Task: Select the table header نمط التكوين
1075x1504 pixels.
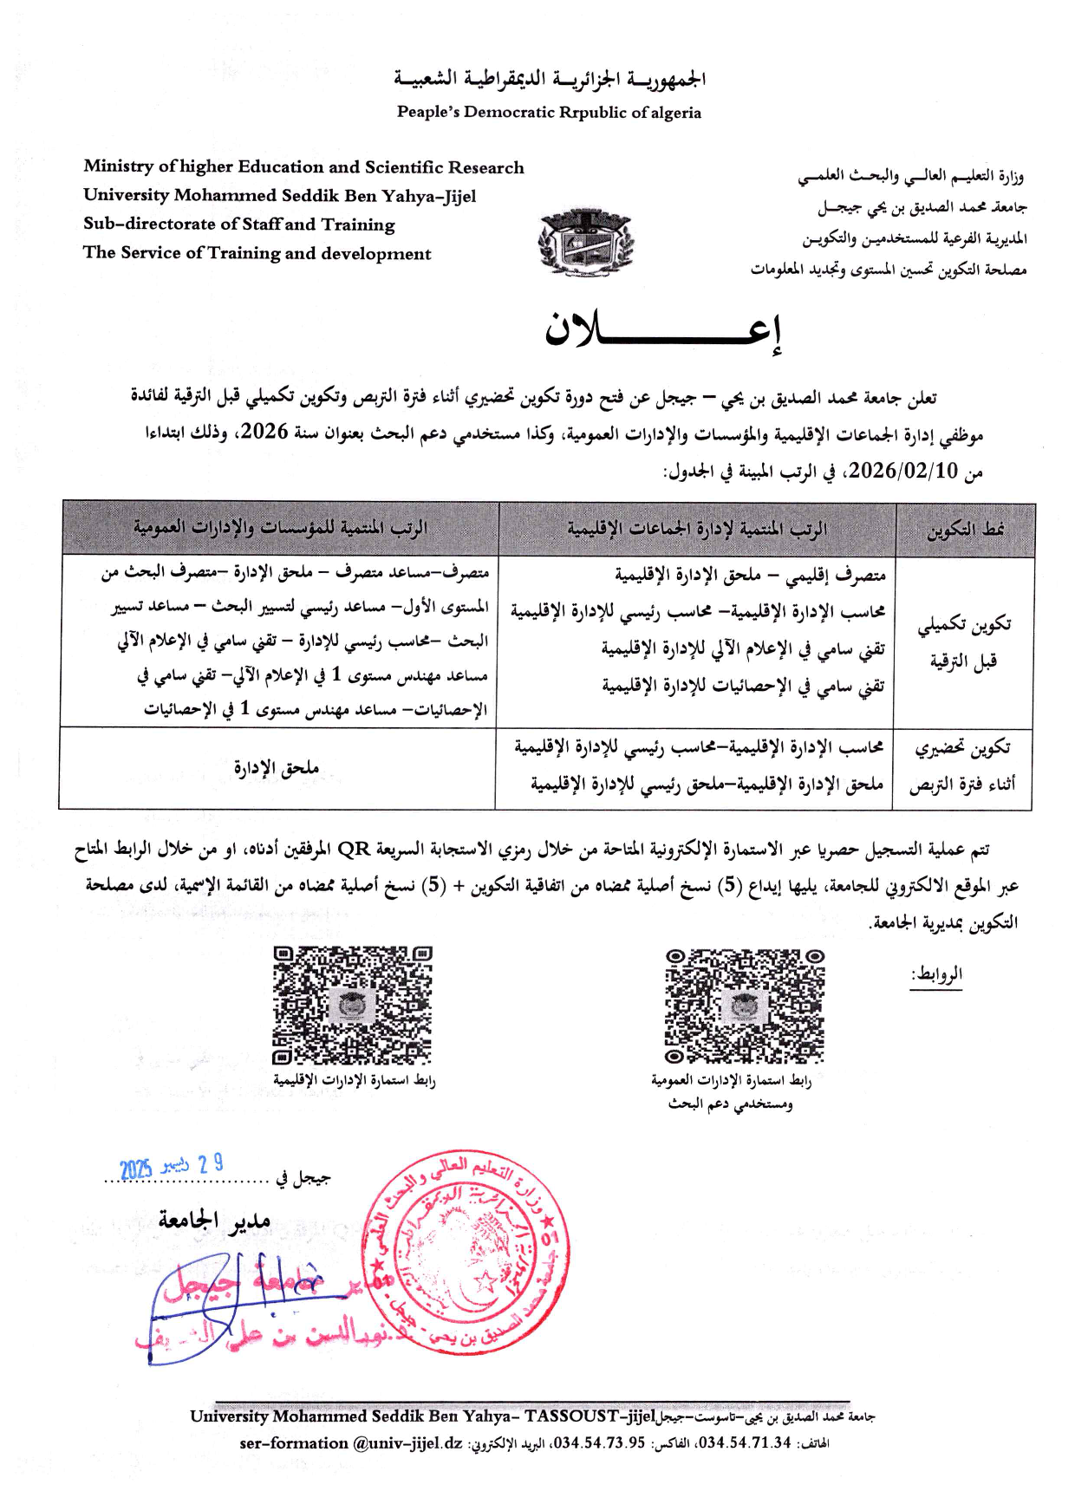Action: tap(965, 530)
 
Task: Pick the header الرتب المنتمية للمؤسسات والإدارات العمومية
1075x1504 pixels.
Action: tap(280, 528)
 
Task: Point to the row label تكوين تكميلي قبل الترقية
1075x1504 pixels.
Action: tap(963, 642)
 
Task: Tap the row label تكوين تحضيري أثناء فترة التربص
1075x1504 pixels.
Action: tap(962, 766)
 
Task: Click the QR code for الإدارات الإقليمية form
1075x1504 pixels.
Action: tap(352, 1006)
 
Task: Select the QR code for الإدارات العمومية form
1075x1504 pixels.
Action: tap(744, 1006)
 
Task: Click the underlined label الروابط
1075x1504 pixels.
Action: tap(936, 974)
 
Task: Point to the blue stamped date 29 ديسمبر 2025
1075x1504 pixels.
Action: tap(172, 1167)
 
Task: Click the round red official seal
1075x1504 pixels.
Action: tap(466, 1253)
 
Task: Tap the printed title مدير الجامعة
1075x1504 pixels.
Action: tap(214, 1221)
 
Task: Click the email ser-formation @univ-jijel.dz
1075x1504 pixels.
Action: tap(351, 1443)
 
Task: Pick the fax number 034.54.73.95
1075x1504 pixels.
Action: tap(599, 1443)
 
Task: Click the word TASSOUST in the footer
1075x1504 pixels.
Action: tap(571, 1416)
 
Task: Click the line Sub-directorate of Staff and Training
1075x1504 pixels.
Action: tap(239, 224)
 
